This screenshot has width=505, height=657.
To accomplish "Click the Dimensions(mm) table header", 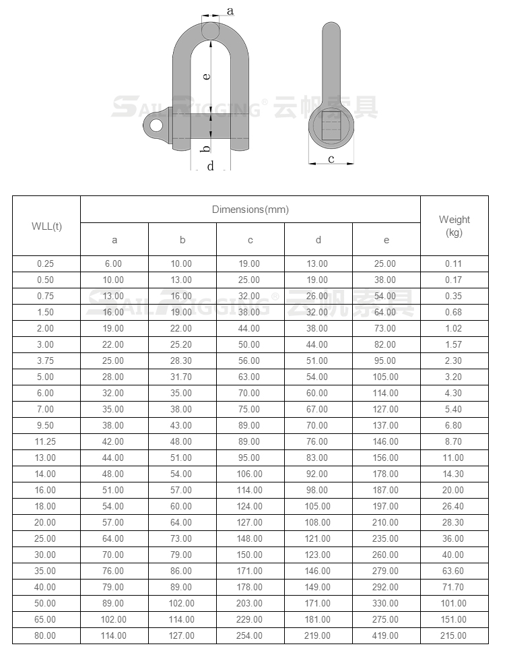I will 250,210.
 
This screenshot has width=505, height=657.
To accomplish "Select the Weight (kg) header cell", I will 454,226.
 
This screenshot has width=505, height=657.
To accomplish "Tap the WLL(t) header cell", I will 46,226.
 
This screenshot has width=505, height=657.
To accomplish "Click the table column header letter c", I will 250,240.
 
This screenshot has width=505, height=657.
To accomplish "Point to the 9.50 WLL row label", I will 46,425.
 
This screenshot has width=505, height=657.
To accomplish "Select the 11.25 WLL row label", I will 46,441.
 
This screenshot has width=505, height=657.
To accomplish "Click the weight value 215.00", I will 454,635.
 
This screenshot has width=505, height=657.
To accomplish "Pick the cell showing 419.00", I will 386,635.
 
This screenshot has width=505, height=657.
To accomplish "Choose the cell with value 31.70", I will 182,377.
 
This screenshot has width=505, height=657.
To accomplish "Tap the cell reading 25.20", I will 182,344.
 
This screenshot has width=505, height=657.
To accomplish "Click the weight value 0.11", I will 454,263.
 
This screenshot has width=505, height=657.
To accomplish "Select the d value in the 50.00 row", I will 318,603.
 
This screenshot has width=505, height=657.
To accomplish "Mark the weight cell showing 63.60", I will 454,571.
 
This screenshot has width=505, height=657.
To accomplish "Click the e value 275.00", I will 386,619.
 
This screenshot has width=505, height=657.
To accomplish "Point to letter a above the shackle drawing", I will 230,11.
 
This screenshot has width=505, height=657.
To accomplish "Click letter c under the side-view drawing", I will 331,159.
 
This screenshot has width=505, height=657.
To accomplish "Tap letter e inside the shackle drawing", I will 207,76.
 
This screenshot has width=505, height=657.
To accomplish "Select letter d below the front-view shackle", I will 211,166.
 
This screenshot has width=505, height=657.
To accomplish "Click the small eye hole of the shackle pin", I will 156,125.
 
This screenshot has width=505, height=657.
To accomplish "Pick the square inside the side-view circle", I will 331,125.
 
